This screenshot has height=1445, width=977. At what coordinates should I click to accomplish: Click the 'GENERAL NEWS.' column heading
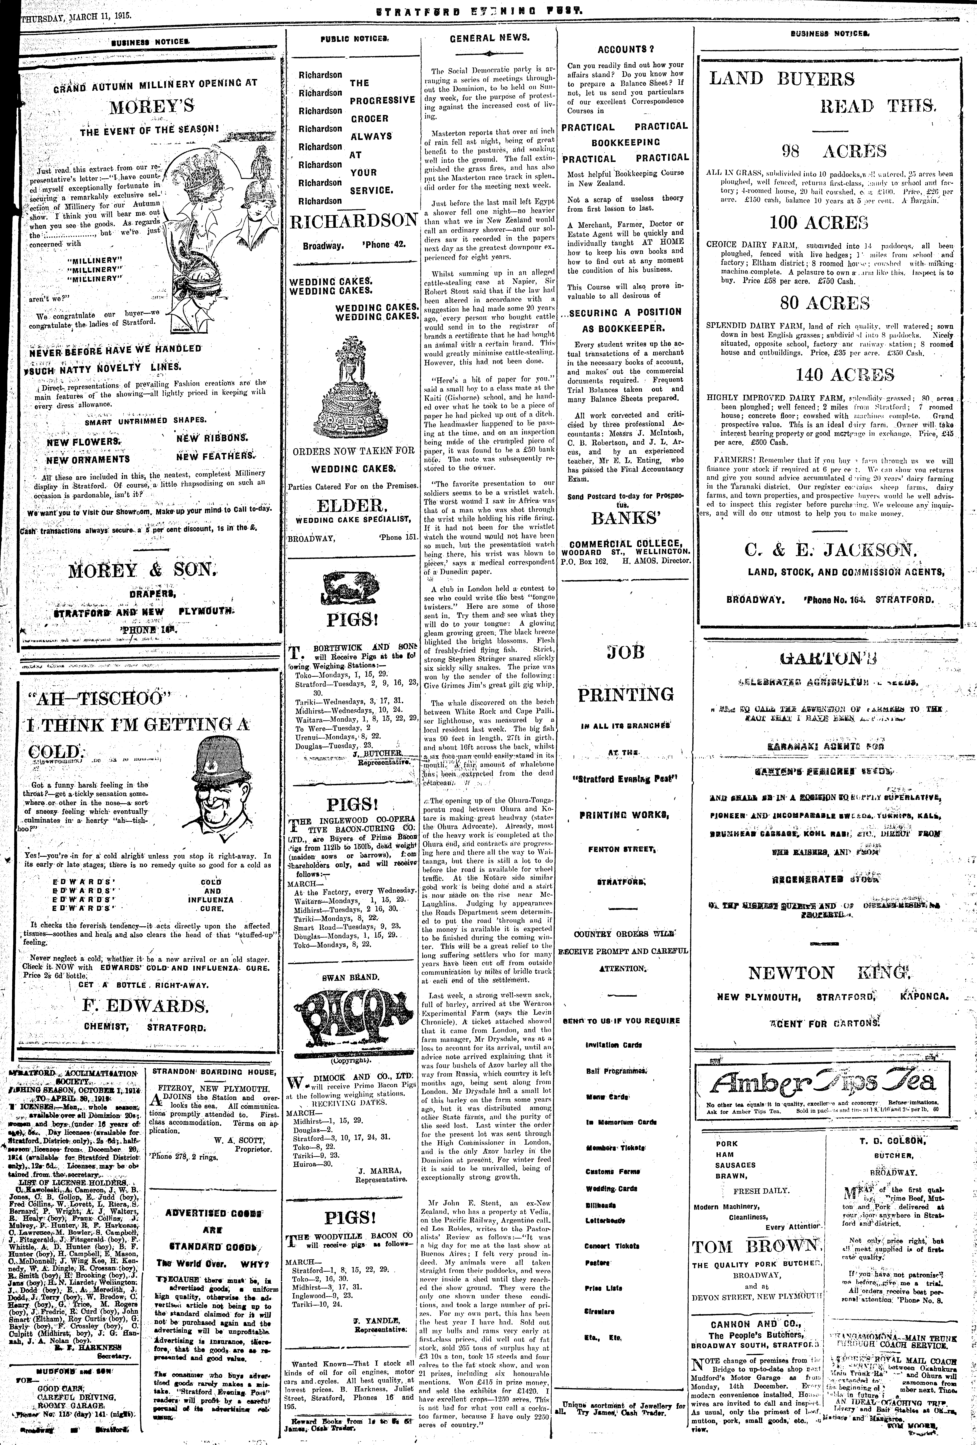pyautogui.click(x=490, y=38)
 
